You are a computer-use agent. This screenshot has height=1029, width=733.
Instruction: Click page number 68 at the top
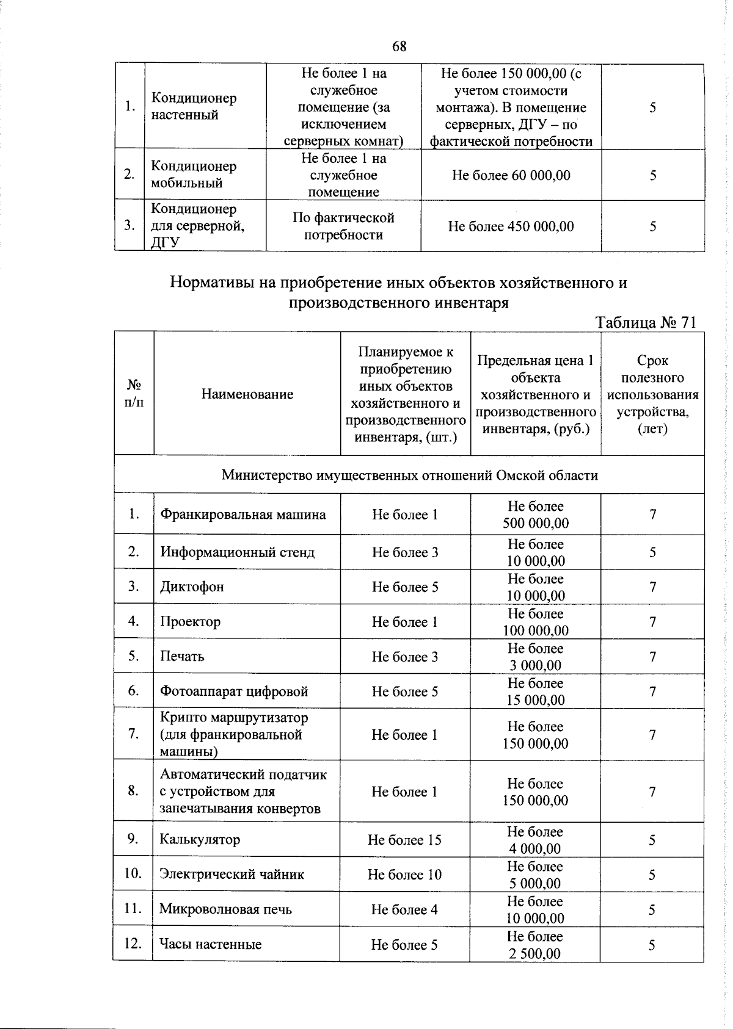tap(399, 46)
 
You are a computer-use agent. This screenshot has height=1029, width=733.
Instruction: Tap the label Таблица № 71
tap(646, 322)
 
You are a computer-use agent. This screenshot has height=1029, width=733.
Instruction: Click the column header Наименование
tap(247, 394)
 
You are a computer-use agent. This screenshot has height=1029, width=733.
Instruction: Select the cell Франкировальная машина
tap(243, 514)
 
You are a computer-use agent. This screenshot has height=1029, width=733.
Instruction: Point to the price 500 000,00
tap(535, 524)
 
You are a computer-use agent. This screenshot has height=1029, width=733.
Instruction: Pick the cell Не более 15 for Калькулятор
tap(404, 840)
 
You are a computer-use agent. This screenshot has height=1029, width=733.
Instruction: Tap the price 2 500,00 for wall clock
tap(535, 953)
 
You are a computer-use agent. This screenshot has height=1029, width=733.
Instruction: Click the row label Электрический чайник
tap(232, 875)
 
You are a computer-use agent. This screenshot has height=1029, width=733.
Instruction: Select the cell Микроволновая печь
tap(225, 909)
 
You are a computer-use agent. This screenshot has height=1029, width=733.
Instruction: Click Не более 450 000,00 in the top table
tap(511, 226)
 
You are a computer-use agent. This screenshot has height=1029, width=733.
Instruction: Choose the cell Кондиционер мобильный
tap(194, 175)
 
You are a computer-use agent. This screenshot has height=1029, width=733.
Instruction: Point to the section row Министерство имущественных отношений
tap(409, 475)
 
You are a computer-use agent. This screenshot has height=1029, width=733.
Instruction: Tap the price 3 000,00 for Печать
tap(535, 665)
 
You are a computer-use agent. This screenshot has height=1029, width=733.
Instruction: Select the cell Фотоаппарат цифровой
tap(233, 691)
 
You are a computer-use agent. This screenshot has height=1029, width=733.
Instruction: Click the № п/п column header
tap(134, 394)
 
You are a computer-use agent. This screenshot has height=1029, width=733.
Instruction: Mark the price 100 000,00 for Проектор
tap(535, 630)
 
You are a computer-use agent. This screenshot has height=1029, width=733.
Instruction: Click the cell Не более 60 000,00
tap(511, 176)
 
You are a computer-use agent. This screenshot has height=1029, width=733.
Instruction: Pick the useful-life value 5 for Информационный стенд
tap(652, 552)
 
